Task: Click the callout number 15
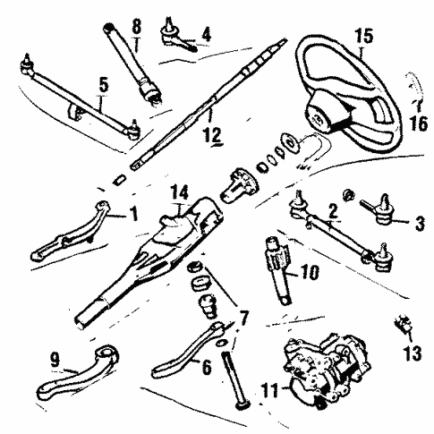click(x=364, y=36)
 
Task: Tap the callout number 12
click(x=212, y=135)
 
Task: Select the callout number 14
click(x=179, y=192)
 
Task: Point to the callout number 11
click(x=269, y=390)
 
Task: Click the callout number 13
click(x=413, y=353)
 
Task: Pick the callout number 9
click(x=55, y=360)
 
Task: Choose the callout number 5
click(x=104, y=86)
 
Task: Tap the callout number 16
click(x=419, y=123)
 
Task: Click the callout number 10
click(x=311, y=272)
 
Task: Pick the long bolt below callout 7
click(x=236, y=379)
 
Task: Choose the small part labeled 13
click(x=404, y=324)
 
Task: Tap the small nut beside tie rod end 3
click(x=348, y=195)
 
